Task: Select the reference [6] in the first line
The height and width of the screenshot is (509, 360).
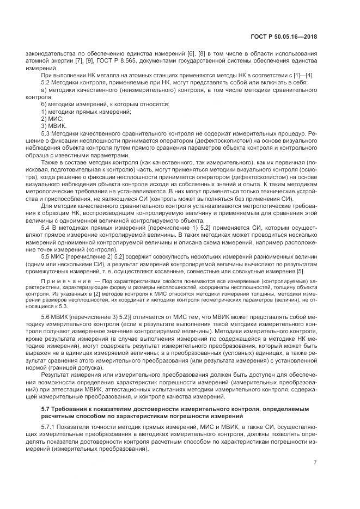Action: click(191, 53)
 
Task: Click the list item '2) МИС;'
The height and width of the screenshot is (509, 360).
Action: click(53, 118)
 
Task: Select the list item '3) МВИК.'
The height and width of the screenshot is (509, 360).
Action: click(54, 125)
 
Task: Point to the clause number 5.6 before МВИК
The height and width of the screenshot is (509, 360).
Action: click(46, 316)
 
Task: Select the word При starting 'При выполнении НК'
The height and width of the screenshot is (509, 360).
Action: click(47, 75)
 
